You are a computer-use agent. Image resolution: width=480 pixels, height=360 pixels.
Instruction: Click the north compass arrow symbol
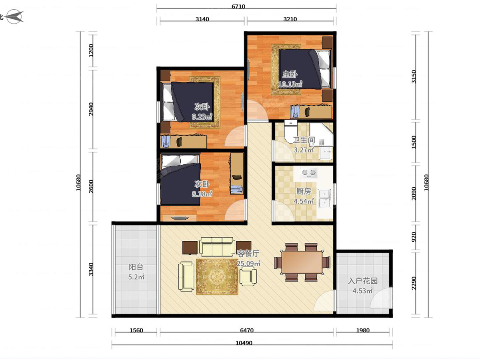coord(15,16)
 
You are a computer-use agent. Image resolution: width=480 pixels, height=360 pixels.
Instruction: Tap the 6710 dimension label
coord(238,6)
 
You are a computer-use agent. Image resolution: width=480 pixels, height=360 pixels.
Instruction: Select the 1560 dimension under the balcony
coord(136,330)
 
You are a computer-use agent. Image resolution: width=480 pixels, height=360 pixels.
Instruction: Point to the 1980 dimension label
coord(363,330)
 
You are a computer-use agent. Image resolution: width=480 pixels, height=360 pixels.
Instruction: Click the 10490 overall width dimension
coord(244,343)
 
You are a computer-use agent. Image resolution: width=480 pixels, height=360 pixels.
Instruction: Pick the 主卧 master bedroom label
coord(290,74)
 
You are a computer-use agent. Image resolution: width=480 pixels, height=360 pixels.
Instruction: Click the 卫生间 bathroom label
coord(304,140)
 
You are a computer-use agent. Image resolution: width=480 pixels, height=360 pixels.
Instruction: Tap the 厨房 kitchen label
coord(304,192)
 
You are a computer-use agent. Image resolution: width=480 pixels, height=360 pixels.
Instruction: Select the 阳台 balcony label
coord(136,267)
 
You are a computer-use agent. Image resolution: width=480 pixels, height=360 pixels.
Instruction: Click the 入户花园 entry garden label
coord(363,281)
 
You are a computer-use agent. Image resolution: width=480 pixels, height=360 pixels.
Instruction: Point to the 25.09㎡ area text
coord(248,263)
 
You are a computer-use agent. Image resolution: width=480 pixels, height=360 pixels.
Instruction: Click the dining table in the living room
coord(302,262)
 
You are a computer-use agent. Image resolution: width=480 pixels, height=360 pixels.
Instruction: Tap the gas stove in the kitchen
coord(308,172)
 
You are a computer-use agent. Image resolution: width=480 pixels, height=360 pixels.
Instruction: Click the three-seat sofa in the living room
coord(216,246)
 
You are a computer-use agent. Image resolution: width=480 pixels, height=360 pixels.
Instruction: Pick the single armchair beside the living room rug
coord(248,276)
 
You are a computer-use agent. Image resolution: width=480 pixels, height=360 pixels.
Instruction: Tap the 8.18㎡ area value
coord(202,194)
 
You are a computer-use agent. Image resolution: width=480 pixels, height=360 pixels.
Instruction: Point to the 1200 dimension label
coord(91,50)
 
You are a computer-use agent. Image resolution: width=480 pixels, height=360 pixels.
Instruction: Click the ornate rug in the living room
coord(217,277)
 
